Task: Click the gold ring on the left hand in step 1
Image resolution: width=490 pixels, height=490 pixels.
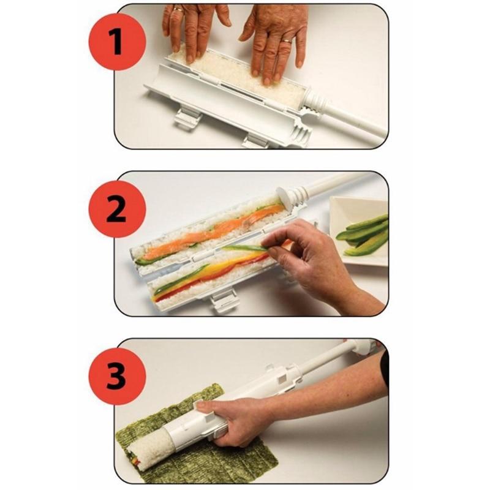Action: pyautogui.click(x=177, y=9)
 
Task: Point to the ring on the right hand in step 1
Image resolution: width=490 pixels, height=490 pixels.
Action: pyautogui.click(x=287, y=41)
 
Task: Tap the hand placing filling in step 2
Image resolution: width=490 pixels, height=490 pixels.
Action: pyautogui.click(x=318, y=257)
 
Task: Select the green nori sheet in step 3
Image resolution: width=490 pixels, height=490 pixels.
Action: pyautogui.click(x=233, y=459)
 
